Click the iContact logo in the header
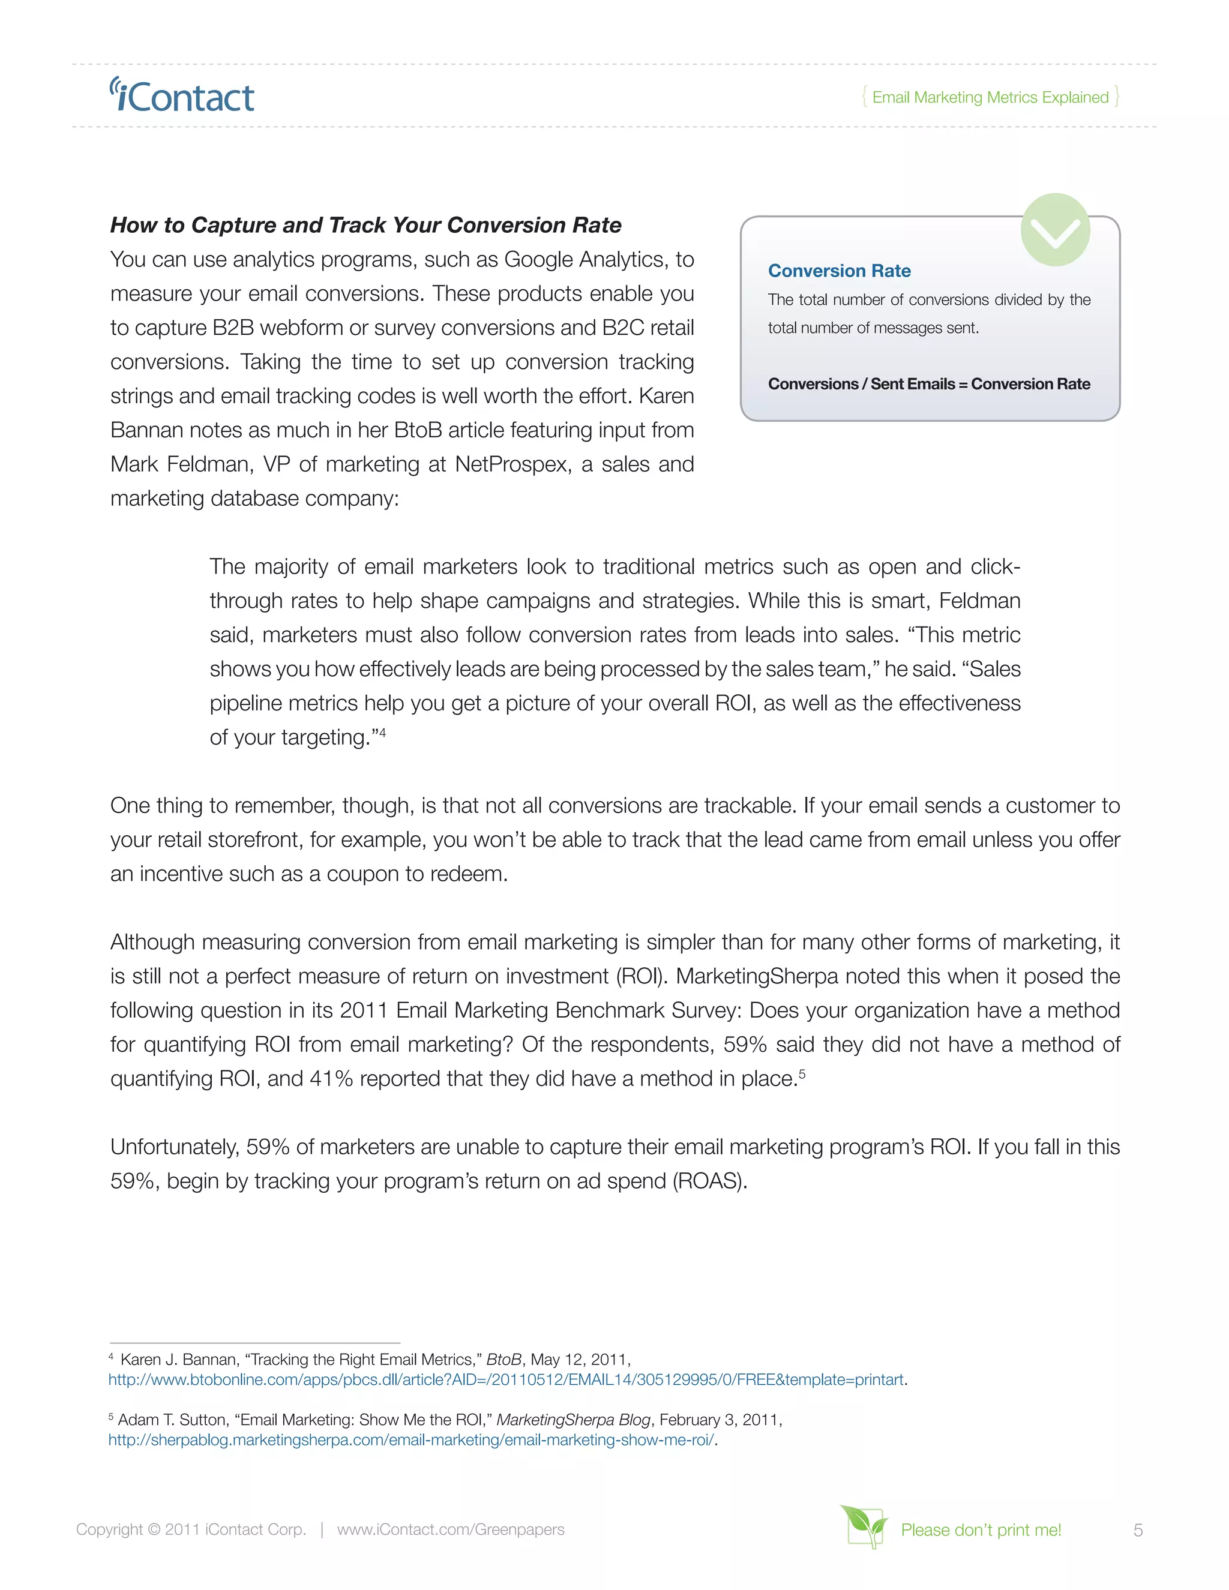(182, 96)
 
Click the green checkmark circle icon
(1054, 230)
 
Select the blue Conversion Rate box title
(839, 271)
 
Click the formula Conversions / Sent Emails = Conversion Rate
(928, 383)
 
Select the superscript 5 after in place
(802, 1073)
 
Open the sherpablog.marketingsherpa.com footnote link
(411, 1440)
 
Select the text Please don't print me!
(980, 1529)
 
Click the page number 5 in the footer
(1138, 1531)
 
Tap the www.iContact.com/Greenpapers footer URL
(451, 1529)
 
